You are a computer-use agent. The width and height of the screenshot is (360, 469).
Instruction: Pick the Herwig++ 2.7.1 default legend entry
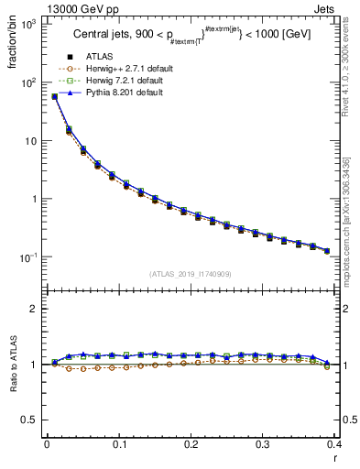[x=124, y=70]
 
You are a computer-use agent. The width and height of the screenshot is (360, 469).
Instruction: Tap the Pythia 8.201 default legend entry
[x=121, y=93]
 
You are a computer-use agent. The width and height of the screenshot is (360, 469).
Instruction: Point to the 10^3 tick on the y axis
[x=27, y=24]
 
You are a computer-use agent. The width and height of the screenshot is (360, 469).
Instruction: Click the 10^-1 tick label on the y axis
[x=27, y=257]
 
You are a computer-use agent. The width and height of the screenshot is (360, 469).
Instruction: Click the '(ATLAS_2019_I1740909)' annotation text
[x=190, y=274]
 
